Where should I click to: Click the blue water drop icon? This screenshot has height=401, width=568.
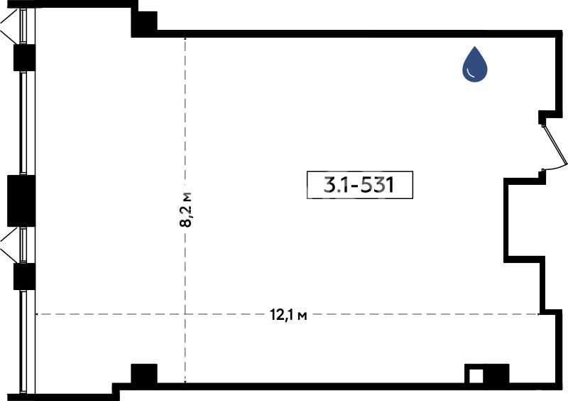(x=474, y=65)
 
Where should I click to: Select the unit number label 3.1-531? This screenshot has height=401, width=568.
(x=360, y=185)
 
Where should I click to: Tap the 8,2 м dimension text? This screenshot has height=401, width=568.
(x=186, y=210)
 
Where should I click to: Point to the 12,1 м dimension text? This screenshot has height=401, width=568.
(x=288, y=315)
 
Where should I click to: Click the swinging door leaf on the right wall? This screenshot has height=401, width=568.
(x=555, y=145)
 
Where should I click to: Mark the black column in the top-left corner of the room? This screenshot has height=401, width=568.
(x=144, y=24)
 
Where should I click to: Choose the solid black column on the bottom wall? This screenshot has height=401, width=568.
(x=144, y=373)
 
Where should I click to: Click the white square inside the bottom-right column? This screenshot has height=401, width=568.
(x=476, y=376)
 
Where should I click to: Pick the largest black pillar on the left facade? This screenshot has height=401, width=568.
(x=21, y=200)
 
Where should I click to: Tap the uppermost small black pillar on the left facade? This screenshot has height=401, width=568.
(x=24, y=58)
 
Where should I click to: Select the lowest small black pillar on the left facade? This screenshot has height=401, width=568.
(x=24, y=277)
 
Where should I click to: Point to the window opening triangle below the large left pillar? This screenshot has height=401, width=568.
(x=9, y=245)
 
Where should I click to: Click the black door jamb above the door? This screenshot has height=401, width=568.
(x=542, y=117)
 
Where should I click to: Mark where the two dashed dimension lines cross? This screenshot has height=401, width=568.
(x=185, y=314)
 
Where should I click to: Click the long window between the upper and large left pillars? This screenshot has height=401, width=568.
(x=23, y=123)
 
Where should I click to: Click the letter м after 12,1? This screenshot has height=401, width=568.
(x=302, y=316)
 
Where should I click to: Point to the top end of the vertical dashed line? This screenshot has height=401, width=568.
(x=185, y=38)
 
